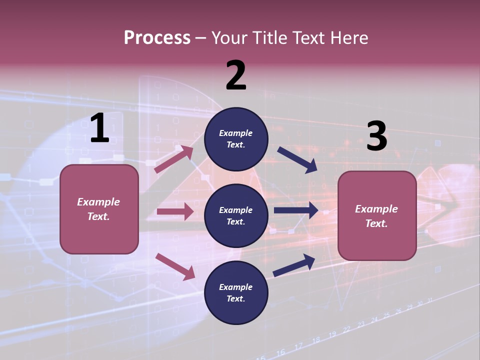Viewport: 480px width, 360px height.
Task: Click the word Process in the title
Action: (x=157, y=38)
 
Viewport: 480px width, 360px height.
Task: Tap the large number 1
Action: (x=99, y=128)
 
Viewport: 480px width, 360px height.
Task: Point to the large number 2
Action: (x=236, y=75)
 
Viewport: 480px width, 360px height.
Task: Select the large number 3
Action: (x=377, y=136)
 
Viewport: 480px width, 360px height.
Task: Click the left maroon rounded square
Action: (x=99, y=209)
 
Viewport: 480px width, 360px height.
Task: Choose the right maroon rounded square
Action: (x=377, y=215)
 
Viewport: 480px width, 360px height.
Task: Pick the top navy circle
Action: (x=236, y=139)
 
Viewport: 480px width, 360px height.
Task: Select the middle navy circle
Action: (x=236, y=215)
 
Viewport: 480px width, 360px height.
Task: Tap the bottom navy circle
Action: (x=236, y=292)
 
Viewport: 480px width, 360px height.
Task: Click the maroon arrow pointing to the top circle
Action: (x=174, y=159)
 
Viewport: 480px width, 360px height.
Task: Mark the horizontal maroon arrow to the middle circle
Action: (x=175, y=211)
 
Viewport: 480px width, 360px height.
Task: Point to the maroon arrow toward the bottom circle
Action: (x=175, y=266)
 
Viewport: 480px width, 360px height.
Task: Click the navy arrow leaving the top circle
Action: (x=297, y=160)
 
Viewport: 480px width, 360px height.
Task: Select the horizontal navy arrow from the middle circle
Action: (x=296, y=210)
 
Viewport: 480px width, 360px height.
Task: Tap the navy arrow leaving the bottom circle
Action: (x=294, y=265)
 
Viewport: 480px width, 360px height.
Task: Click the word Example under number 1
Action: (x=98, y=202)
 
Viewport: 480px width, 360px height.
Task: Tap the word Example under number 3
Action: (x=376, y=209)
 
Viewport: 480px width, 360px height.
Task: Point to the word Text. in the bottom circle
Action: (x=236, y=299)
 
